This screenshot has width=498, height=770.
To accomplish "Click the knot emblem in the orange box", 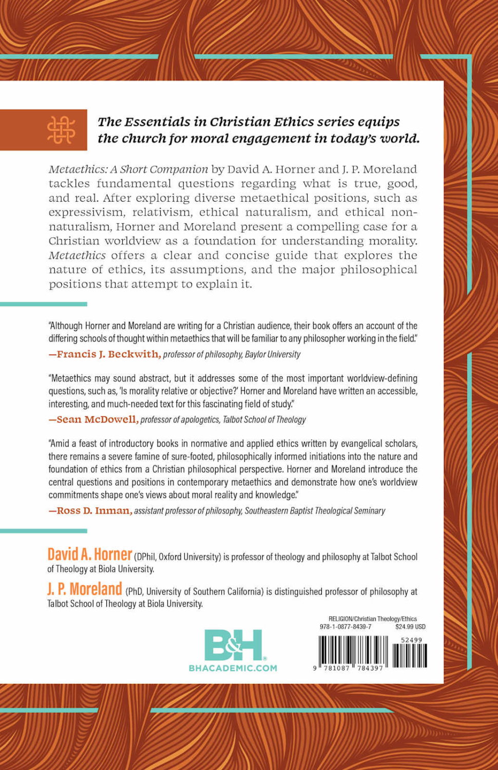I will pos(61,130).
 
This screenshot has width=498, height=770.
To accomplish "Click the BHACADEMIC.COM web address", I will pos(233,668).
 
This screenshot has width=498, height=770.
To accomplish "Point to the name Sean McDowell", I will pos(97,419).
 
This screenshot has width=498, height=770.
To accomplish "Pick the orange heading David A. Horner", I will pos(90,555).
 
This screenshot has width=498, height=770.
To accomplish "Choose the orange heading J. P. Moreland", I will pos(85,589).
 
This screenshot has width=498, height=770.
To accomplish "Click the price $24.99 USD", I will pos(410,627).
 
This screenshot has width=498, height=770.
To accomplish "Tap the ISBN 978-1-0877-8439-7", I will pos(346,627).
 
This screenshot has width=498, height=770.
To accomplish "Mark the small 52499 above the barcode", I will pos(411,640).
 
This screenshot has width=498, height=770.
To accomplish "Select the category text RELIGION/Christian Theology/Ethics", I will pos(372,619).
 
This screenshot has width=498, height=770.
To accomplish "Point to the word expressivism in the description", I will pos(86,213).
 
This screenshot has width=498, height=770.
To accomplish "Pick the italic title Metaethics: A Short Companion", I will pos(128,169).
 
